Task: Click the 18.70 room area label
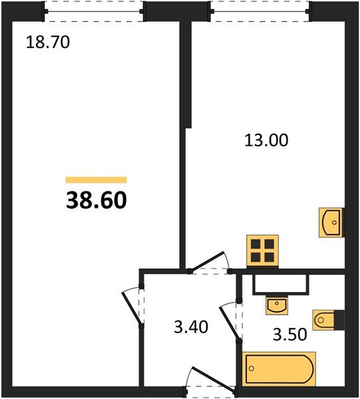pyautogui.click(x=48, y=42)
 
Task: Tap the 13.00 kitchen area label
pyautogui.click(x=266, y=140)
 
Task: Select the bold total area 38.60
pyautogui.click(x=96, y=200)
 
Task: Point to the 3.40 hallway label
pyautogui.click(x=191, y=327)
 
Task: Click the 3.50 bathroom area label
pyautogui.click(x=289, y=334)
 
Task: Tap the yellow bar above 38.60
pyautogui.click(x=96, y=180)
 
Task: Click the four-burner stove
pyautogui.click(x=262, y=251)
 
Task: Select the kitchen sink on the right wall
pyautogui.click(x=331, y=222)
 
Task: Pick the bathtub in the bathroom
pyautogui.click(x=279, y=368)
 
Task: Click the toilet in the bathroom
pyautogui.click(x=323, y=320)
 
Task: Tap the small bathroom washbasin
pyautogui.click(x=277, y=305)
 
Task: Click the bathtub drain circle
pyautogui.click(x=252, y=368)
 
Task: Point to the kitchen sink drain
pyautogui.click(x=334, y=223)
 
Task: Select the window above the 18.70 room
pyautogui.click(x=94, y=11)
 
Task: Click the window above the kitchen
pyautogui.click(x=260, y=11)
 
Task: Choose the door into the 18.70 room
pyautogui.click(x=133, y=307)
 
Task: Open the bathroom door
pyautogui.click(x=230, y=321)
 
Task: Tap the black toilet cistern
pyautogui.click(x=339, y=320)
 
